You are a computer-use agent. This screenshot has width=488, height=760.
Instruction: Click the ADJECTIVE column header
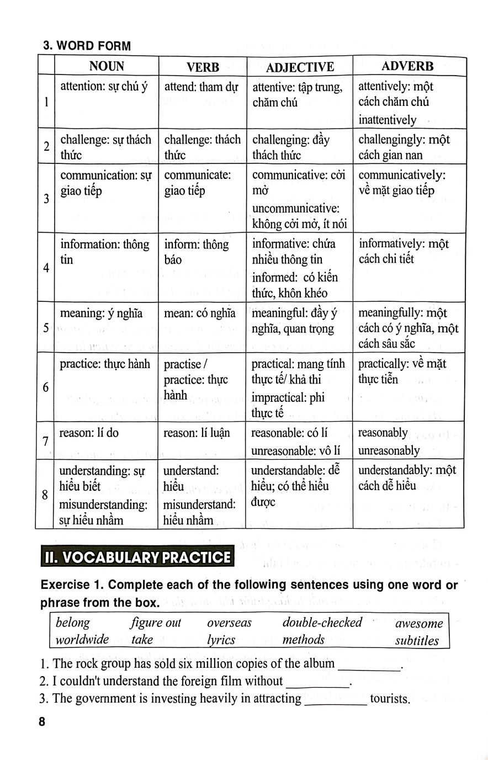click(300, 67)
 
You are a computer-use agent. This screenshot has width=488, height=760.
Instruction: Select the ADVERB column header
click(407, 66)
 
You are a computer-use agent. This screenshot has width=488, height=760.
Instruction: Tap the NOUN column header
click(107, 67)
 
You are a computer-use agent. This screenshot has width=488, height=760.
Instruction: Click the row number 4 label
click(46, 268)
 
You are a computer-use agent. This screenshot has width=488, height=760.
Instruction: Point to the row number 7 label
click(45, 441)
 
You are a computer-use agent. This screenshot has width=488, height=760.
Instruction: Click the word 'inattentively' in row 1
click(387, 120)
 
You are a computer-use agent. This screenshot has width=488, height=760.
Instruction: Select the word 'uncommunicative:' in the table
click(295, 208)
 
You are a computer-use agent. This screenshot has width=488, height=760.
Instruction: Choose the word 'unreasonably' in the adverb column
click(389, 450)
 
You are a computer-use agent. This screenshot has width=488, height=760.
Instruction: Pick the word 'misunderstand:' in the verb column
click(199, 504)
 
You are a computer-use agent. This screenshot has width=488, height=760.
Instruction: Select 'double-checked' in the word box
click(322, 623)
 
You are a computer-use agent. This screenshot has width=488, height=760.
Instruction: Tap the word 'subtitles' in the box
click(417, 641)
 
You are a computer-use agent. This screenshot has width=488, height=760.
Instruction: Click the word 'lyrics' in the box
click(221, 640)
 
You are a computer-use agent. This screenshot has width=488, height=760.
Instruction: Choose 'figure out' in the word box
click(156, 623)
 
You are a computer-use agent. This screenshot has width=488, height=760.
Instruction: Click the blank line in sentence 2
click(318, 683)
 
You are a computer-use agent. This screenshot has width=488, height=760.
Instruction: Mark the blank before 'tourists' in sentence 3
click(336, 700)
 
